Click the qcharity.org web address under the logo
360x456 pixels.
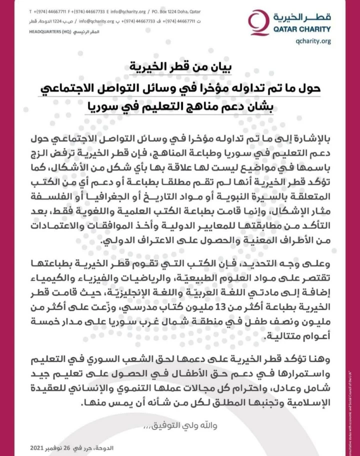313,41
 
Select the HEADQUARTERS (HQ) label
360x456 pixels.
49,31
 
